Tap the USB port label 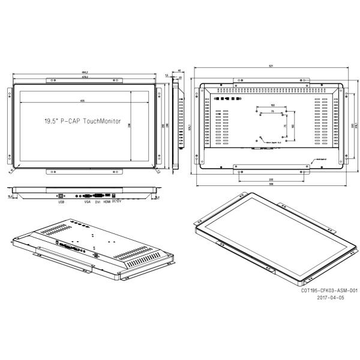point(60,202)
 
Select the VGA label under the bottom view point(88,202)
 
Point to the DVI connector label point(97,202)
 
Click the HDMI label point(107,202)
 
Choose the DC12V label point(116,202)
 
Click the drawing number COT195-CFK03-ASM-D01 point(329,289)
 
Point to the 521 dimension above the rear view point(271,65)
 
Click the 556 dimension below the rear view point(271,183)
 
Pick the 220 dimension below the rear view point(271,178)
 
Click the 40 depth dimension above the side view point(179,70)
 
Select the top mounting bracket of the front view point(86,80)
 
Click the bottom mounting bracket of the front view point(86,173)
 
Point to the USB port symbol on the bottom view point(60,195)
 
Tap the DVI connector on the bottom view point(88,195)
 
